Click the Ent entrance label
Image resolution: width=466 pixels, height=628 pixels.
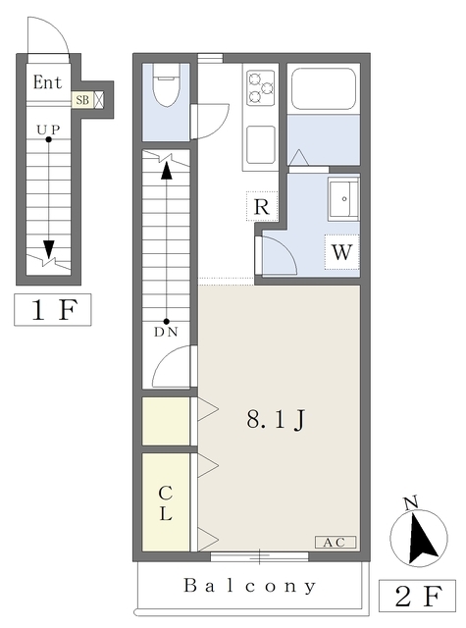(48, 82)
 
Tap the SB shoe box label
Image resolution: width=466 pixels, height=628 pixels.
(82, 99)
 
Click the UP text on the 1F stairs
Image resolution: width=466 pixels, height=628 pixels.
(48, 130)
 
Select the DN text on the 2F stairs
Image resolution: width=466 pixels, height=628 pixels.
(166, 332)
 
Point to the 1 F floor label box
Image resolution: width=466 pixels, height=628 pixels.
(53, 310)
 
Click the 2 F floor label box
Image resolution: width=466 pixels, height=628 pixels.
(417, 596)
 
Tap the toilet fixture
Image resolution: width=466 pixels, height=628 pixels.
(167, 85)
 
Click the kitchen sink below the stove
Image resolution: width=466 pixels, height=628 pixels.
(261, 144)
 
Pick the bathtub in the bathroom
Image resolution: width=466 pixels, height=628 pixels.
(324, 89)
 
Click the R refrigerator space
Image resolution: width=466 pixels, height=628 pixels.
(262, 206)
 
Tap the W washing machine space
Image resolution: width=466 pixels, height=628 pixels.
(341, 252)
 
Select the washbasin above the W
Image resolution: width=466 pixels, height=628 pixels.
(343, 199)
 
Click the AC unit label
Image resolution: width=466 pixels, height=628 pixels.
(336, 543)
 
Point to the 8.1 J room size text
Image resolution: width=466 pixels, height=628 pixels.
(276, 420)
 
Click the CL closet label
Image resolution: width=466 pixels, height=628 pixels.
(166, 503)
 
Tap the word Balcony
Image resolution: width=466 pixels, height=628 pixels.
(250, 586)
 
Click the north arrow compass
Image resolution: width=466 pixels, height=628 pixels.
(419, 536)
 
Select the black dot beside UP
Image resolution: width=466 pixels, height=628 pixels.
(48, 139)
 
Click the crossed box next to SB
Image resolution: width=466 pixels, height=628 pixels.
(99, 99)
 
